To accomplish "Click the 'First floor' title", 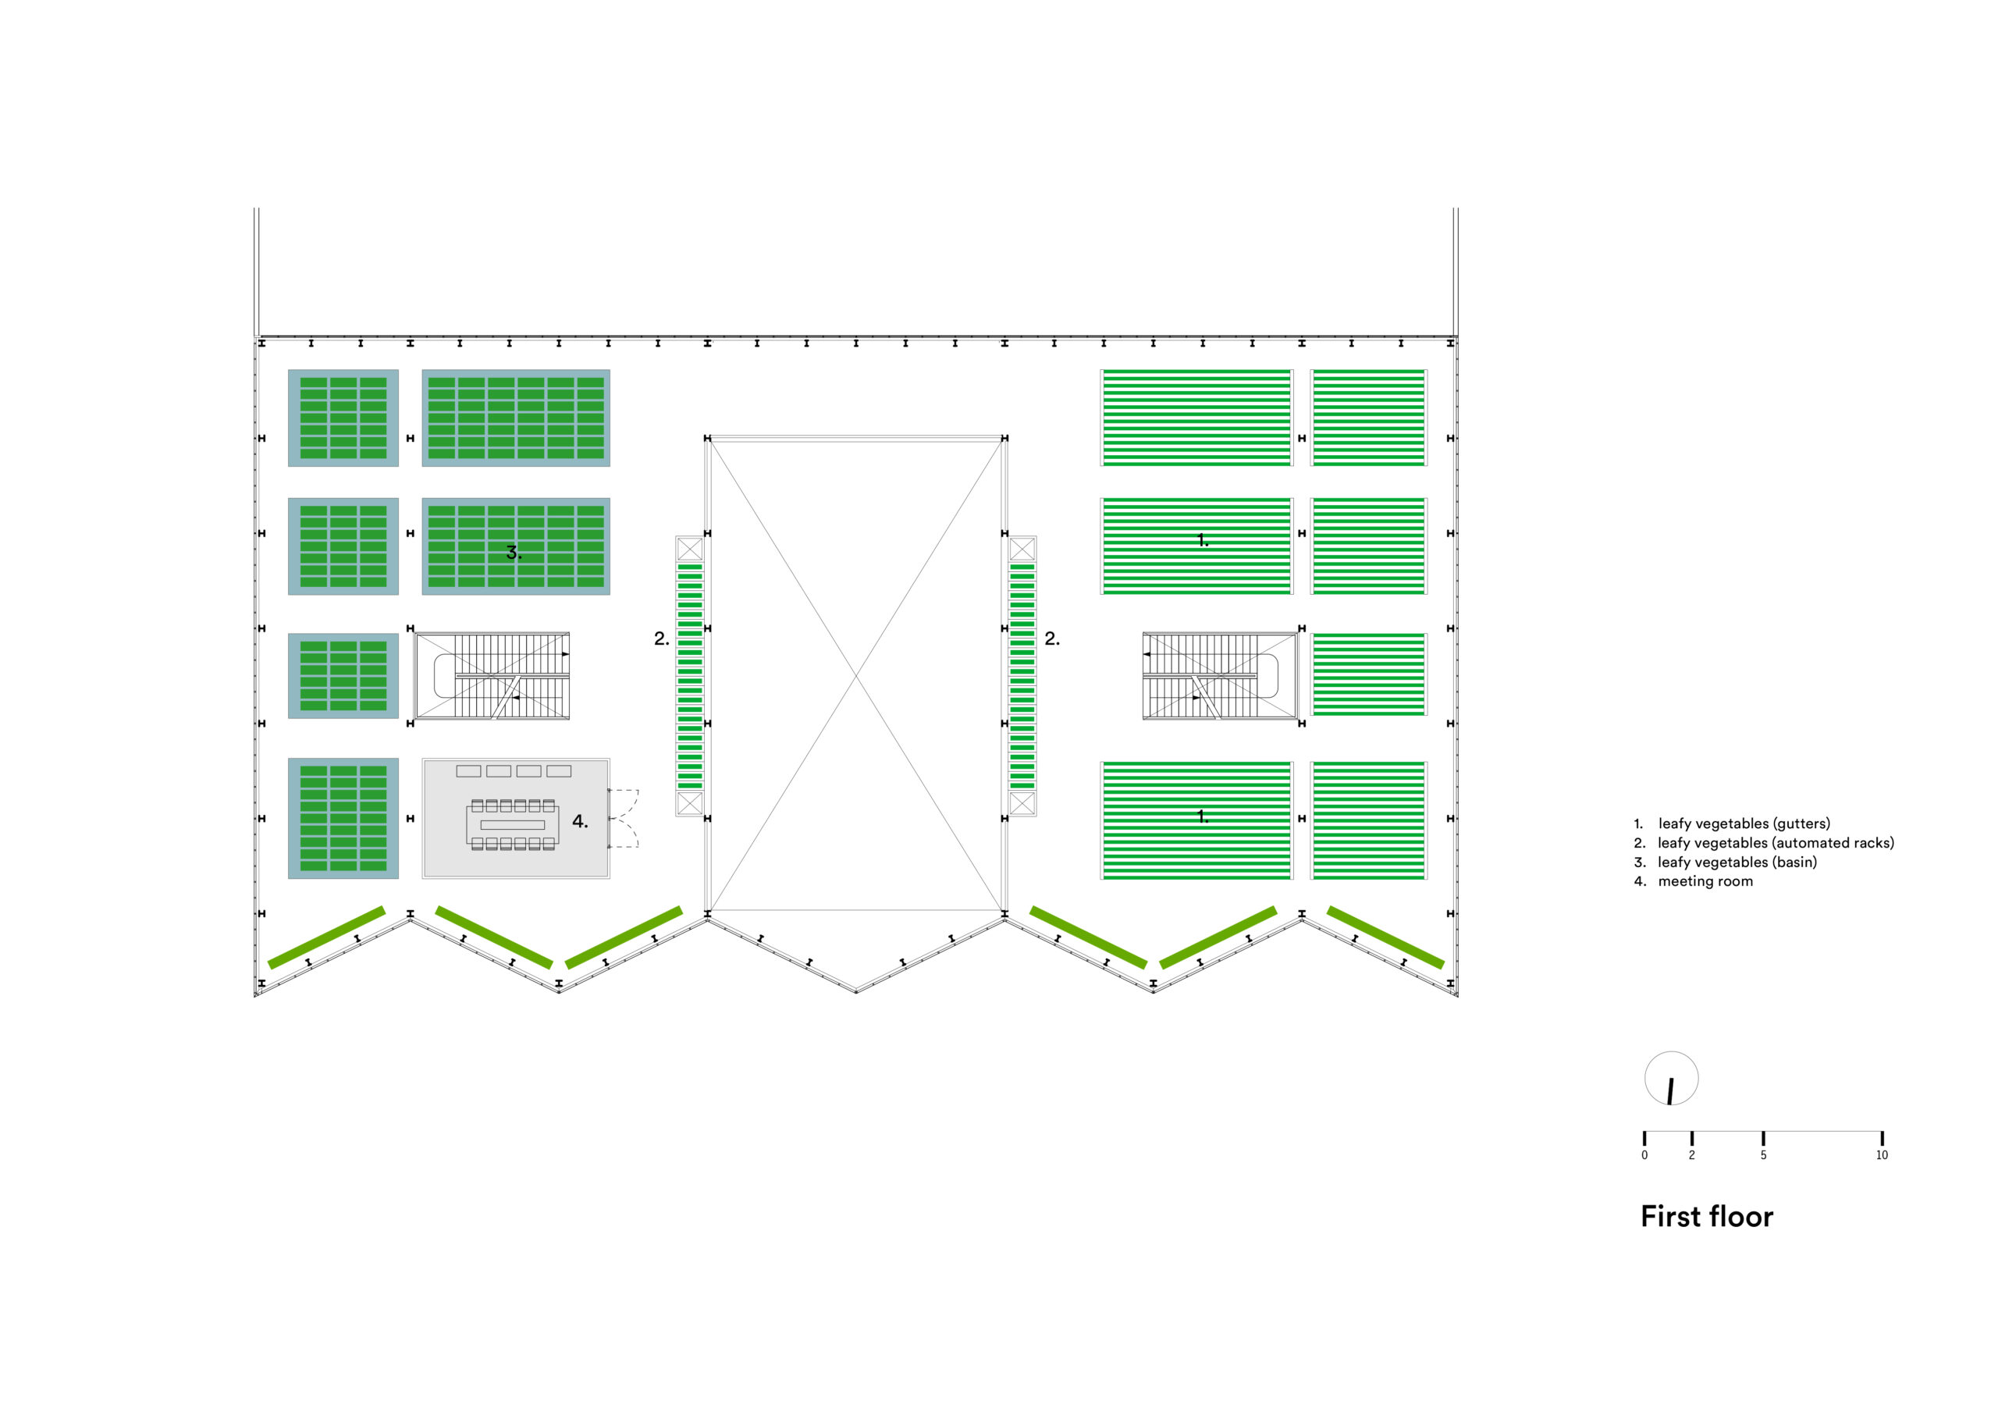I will coord(1705,1216).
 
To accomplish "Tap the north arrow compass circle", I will coord(1671,1079).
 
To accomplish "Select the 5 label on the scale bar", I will coord(1763,1155).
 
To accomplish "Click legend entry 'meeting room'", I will coord(1704,881).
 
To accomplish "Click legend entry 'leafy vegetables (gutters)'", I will coord(1743,823).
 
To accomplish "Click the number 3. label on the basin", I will coord(514,552).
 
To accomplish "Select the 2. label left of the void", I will coord(661,639).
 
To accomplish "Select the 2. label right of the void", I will coord(1052,639).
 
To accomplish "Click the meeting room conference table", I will coord(513,824).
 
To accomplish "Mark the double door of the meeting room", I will coord(624,818).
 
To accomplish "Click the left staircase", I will coord(492,675).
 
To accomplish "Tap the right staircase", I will coord(1218,675).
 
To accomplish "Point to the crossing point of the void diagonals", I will coord(856,674).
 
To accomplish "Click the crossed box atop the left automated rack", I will coord(689,550).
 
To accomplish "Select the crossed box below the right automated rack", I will coord(1022,802).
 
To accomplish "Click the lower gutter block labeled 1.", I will coord(1196,820).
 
